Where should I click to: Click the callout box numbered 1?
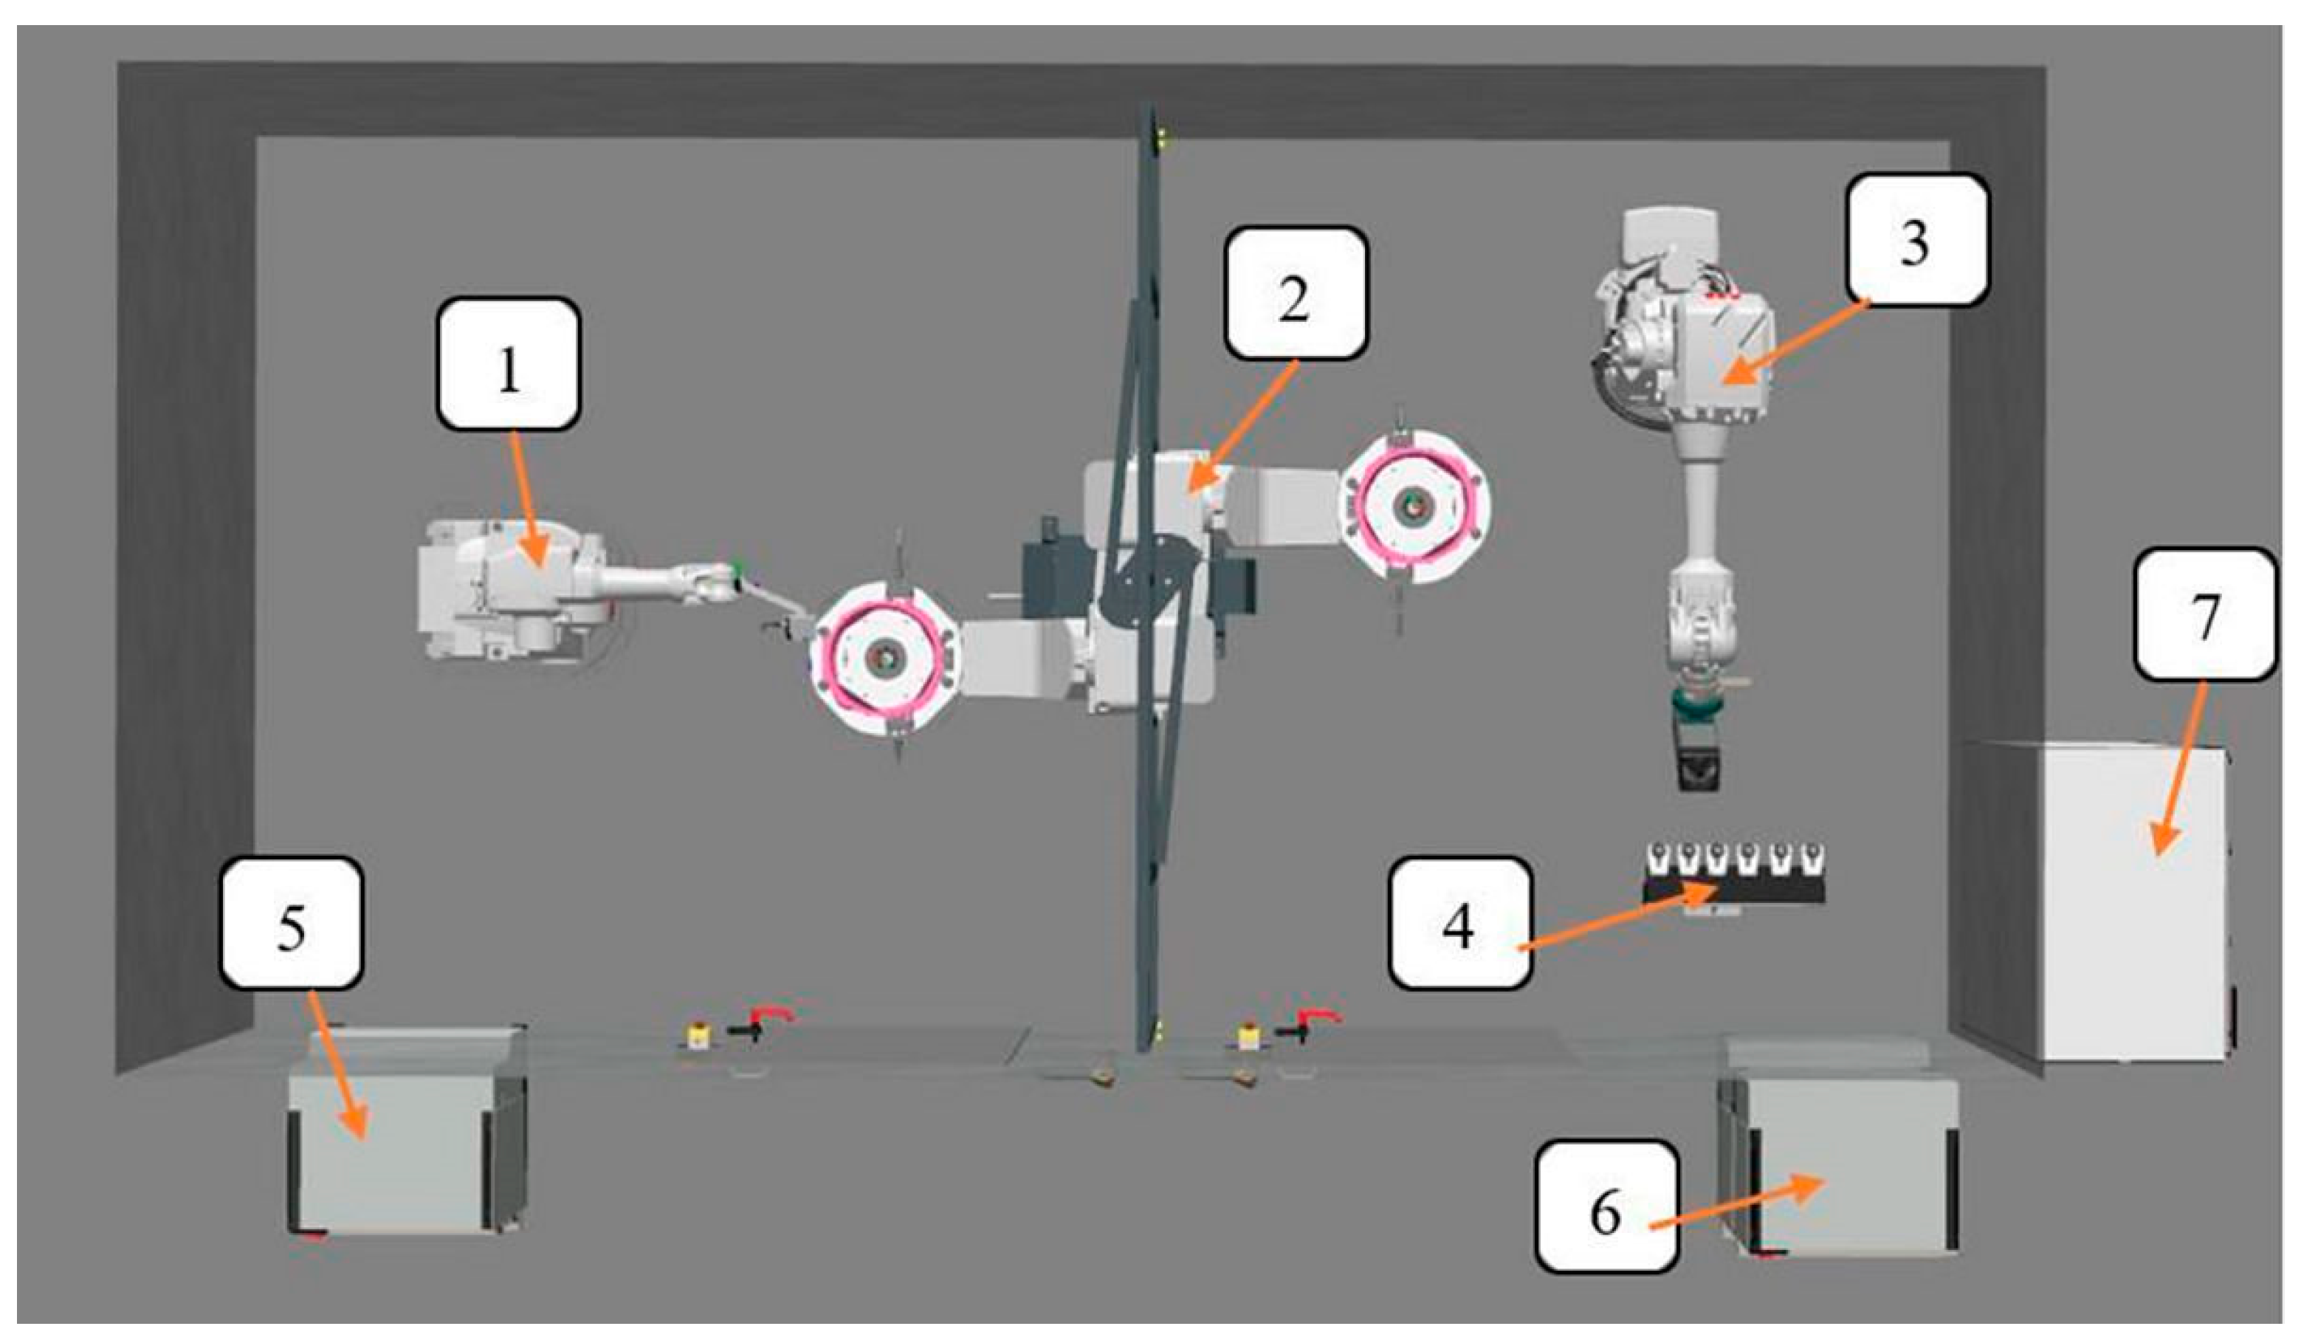509,364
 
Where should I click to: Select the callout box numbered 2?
1295,293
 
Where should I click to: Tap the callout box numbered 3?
1916,239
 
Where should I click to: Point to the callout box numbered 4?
1459,924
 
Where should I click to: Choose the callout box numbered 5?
292,924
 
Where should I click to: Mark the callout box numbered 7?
2205,614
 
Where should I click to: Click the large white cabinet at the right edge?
2136,904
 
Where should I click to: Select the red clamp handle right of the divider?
1318,1016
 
